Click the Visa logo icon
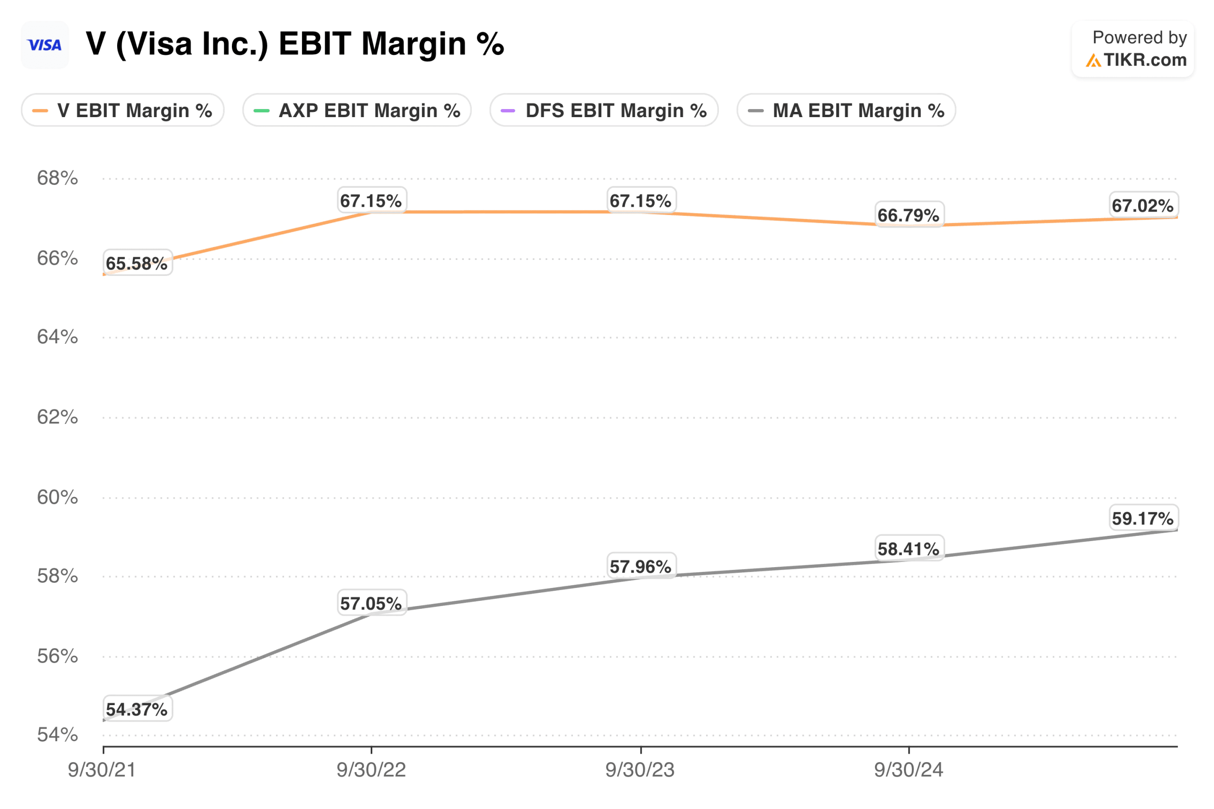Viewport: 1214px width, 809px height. tap(45, 46)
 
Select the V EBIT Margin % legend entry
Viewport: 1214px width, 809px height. tap(123, 110)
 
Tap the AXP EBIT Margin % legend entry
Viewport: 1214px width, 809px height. tap(357, 110)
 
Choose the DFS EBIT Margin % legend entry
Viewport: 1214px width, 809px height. tap(604, 110)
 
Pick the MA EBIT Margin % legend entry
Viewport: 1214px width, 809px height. tap(846, 110)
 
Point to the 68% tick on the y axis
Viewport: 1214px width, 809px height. tap(57, 178)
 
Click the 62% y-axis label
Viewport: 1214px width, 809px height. tap(57, 417)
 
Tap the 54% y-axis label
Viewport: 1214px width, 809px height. tap(57, 735)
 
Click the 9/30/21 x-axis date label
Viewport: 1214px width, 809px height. tap(102, 770)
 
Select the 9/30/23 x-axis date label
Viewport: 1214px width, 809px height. tap(640, 770)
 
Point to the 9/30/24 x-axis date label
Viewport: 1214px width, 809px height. tap(909, 770)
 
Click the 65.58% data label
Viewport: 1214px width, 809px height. tap(137, 263)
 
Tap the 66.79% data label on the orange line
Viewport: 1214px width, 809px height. tap(909, 215)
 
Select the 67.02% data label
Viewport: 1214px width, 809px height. tap(1143, 205)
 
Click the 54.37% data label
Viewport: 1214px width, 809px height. tap(137, 709)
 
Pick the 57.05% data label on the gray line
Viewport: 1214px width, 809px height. tap(371, 603)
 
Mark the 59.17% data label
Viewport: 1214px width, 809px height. tap(1143, 518)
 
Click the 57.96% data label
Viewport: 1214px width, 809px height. tap(641, 567)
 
